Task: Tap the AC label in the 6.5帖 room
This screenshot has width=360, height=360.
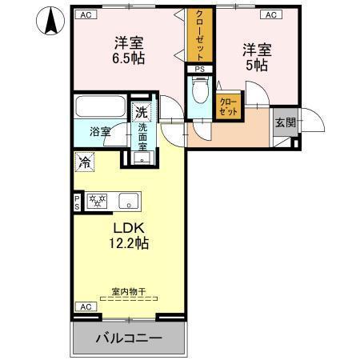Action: [85, 15]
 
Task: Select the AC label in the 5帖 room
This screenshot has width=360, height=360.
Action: [270, 15]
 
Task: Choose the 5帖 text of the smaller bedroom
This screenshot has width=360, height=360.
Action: [256, 56]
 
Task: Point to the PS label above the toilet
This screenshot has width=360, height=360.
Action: [198, 70]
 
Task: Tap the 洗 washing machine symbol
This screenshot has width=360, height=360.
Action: [142, 112]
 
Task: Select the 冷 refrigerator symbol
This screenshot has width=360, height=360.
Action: [85, 162]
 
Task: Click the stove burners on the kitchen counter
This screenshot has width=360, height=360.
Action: [98, 200]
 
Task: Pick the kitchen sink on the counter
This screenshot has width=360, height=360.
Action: [128, 200]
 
